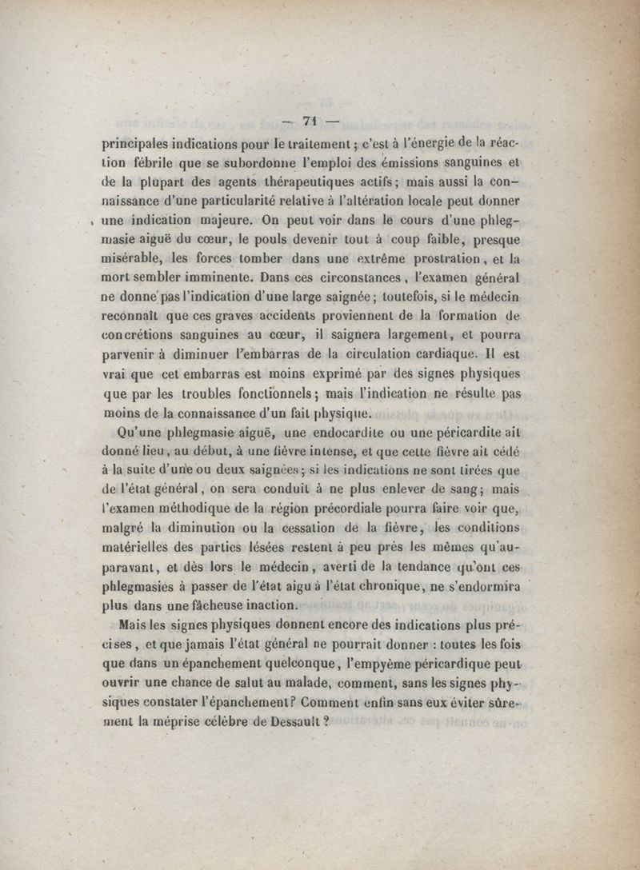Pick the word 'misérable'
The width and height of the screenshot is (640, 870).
click(x=134, y=259)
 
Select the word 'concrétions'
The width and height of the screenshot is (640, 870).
click(x=143, y=335)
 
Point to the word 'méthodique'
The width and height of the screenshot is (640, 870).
click(x=195, y=509)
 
